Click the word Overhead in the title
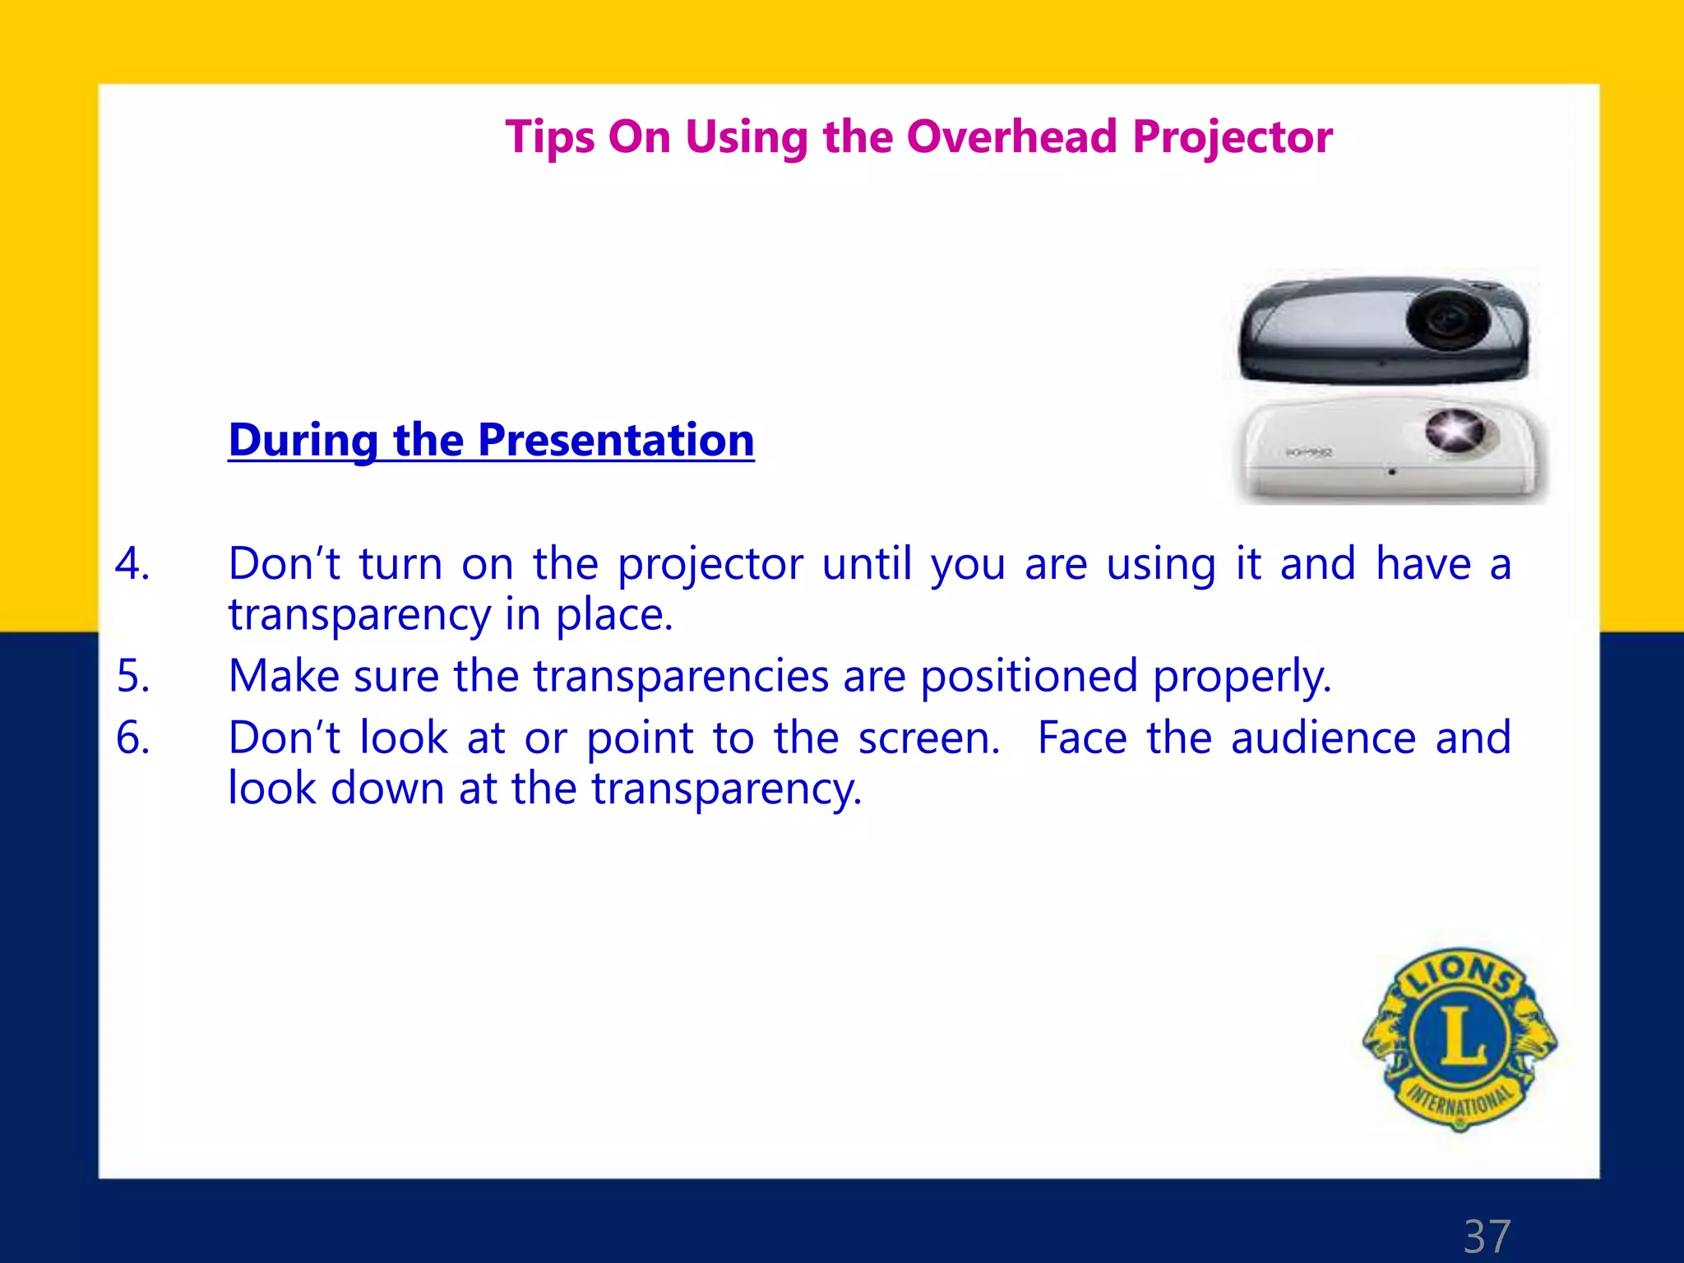click(1011, 136)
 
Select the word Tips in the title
click(548, 138)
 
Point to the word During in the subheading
click(303, 440)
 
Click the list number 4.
click(132, 565)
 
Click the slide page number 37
click(1487, 1237)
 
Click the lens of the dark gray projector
click(1447, 319)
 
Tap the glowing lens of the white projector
click(1454, 430)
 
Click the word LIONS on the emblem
click(1461, 974)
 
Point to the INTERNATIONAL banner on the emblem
click(1460, 1099)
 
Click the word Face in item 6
click(1081, 738)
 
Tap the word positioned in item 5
click(1028, 676)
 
